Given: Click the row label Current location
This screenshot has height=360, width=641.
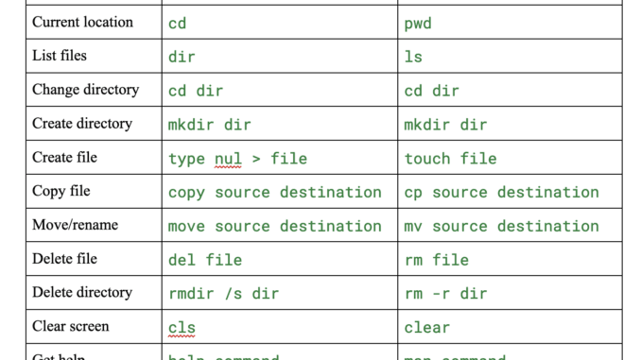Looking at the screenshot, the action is [82, 22].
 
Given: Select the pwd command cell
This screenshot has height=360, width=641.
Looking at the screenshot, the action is [418, 23].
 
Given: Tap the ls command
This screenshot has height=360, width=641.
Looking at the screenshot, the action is [413, 57].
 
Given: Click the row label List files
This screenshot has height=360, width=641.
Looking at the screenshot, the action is [60, 56].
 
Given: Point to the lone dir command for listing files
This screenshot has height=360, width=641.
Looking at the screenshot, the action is [182, 57].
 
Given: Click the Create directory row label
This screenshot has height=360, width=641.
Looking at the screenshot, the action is [82, 124].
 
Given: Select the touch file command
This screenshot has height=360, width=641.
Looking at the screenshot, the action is [450, 159].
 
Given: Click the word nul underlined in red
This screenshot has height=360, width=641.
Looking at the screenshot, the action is [228, 159].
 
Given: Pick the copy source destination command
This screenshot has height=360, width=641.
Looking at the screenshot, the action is [274, 193].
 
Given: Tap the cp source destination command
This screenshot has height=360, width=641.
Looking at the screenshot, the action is [501, 193].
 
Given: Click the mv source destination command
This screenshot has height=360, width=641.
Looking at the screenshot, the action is [501, 227].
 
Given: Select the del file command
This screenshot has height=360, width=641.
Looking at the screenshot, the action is [204, 260].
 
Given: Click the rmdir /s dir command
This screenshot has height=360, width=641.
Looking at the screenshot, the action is [223, 294].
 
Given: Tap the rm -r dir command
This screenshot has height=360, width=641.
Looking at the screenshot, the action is [445, 294].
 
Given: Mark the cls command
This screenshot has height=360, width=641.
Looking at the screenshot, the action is [182, 328].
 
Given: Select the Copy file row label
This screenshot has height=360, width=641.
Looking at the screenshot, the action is [61, 191].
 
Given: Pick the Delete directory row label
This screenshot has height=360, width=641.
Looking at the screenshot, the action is [82, 293].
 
